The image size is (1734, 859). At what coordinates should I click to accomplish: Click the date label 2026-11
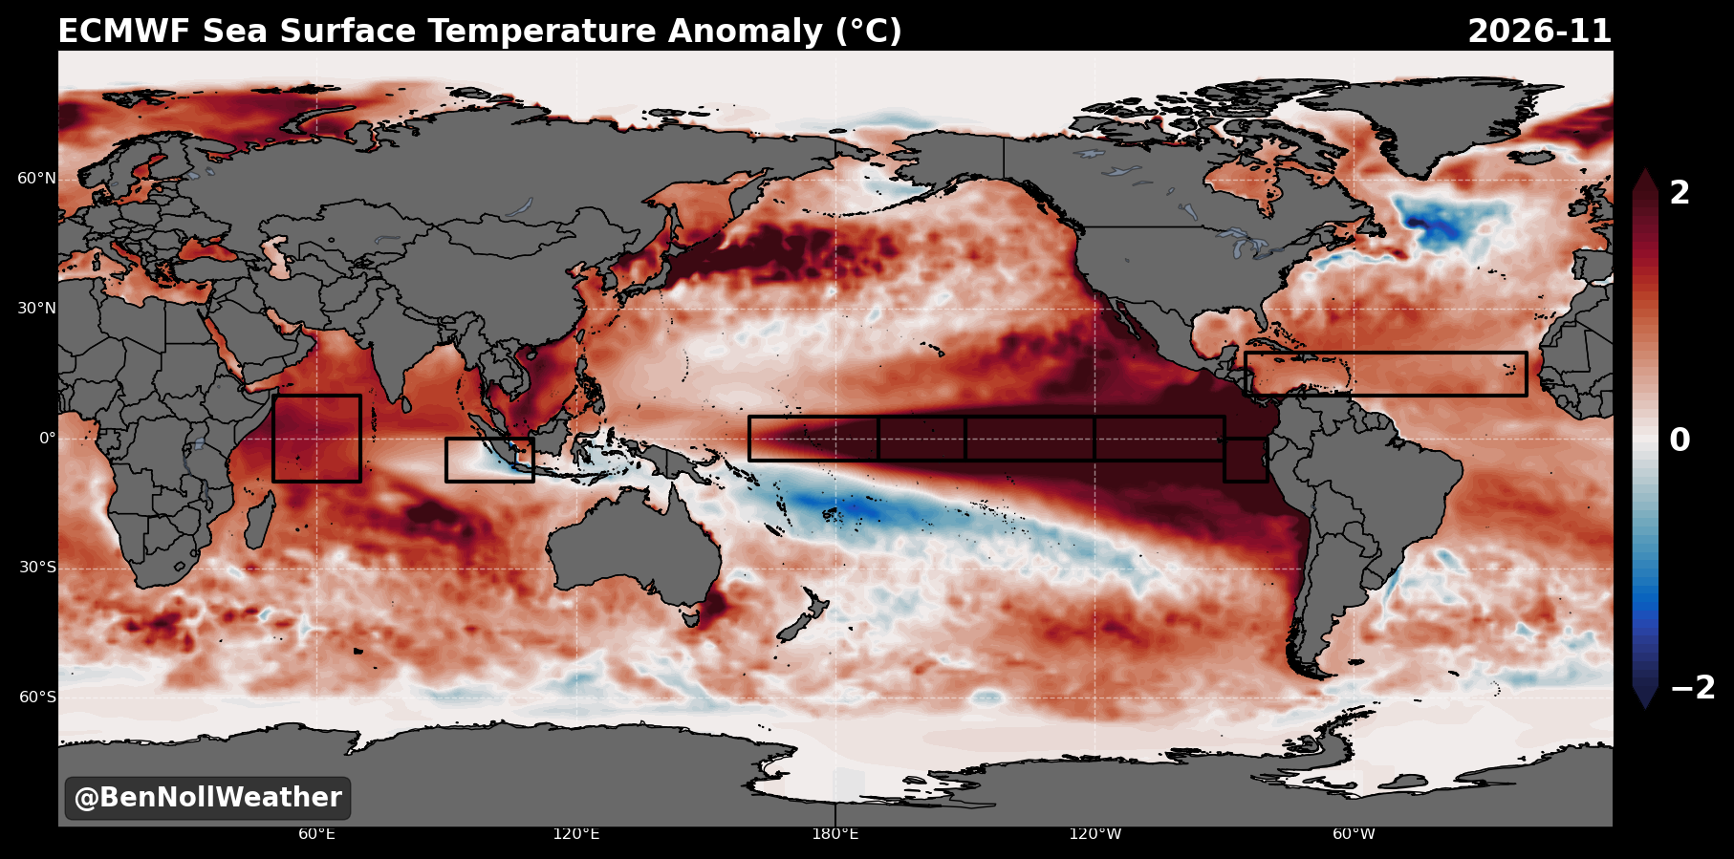1539,32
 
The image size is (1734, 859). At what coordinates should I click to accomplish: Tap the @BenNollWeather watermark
207,798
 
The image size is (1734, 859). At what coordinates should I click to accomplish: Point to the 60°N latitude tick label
37,179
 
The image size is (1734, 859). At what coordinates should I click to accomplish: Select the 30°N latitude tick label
37,309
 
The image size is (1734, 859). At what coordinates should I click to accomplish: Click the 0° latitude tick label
48,439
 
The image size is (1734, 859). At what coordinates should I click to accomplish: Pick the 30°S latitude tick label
37,568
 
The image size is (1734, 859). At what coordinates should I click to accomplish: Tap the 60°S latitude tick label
37,698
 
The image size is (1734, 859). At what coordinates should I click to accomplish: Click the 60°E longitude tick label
316,834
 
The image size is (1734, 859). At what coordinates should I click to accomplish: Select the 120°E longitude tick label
576,834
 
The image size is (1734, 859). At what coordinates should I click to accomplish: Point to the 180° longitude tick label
835,834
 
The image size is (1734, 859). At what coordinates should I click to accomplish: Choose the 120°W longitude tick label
1095,834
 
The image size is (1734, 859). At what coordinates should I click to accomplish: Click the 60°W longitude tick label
1355,834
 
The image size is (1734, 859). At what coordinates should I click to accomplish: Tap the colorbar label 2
1680,193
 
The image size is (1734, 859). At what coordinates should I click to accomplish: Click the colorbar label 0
1680,440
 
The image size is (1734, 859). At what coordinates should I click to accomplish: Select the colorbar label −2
1692,688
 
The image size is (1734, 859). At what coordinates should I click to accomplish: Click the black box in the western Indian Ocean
273,439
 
